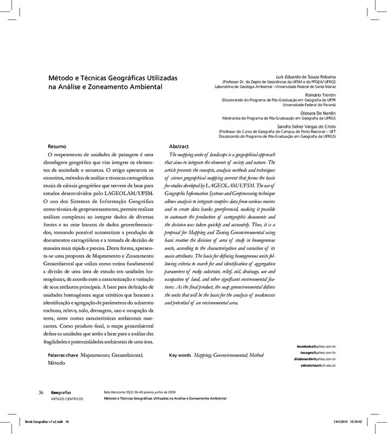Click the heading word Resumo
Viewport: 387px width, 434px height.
point(58,147)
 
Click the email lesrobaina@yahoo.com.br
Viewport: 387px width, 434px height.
point(316,345)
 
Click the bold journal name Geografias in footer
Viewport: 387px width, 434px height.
point(61,392)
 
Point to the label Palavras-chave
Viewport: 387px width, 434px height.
point(64,354)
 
